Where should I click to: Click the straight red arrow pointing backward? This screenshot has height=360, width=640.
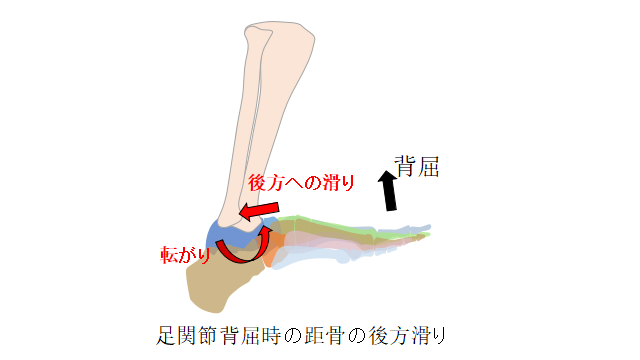(x=259, y=211)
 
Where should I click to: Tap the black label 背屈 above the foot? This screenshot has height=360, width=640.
(x=417, y=167)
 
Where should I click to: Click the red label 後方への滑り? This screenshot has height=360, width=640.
(x=301, y=183)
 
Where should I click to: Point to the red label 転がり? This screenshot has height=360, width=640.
(x=185, y=255)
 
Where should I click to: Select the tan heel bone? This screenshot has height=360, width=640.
(x=216, y=282)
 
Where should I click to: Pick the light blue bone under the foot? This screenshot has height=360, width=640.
(x=310, y=258)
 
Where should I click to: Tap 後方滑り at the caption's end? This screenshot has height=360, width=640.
(x=407, y=336)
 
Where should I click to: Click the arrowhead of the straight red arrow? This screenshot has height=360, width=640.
(x=246, y=213)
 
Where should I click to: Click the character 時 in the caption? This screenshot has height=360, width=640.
(x=271, y=336)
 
